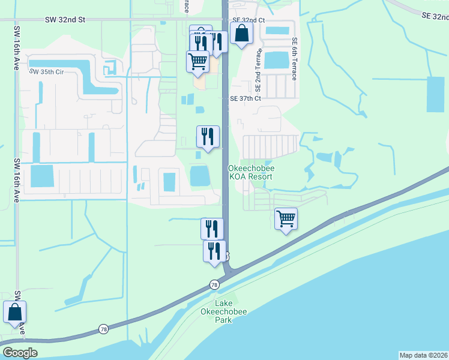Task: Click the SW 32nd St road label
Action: [x=65, y=20]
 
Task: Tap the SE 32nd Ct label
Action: [x=248, y=20]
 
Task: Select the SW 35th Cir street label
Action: [x=46, y=72]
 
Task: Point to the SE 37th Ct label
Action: [x=246, y=98]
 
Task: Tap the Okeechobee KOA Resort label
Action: [x=252, y=173]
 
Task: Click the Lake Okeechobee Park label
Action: [x=223, y=311]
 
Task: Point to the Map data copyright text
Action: [x=423, y=355]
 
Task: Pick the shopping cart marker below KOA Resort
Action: [x=286, y=218]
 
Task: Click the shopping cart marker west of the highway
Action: [x=197, y=62]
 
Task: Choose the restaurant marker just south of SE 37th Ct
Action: [x=208, y=137]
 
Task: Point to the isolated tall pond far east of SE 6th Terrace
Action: [x=435, y=95]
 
